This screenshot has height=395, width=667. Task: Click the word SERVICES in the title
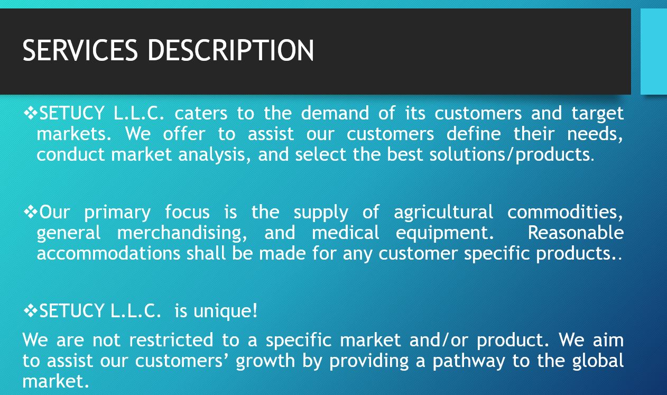point(80,50)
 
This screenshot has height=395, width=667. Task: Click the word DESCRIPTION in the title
point(231,50)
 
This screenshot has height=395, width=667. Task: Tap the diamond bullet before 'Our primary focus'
point(31,212)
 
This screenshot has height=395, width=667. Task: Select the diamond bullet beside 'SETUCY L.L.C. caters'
point(31,113)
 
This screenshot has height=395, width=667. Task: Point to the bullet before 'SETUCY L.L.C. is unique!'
point(31,311)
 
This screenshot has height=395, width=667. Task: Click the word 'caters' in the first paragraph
point(201,113)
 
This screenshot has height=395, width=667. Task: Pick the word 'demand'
point(335,113)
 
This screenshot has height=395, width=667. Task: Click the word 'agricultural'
point(443,213)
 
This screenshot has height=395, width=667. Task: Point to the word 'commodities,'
point(565,213)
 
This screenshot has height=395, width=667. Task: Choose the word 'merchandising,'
point(182,233)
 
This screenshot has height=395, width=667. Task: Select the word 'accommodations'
point(108,253)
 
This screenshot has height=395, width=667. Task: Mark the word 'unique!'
point(225,311)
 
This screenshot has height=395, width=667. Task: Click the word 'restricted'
point(171,340)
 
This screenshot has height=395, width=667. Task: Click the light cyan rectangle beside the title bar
point(654,51)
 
